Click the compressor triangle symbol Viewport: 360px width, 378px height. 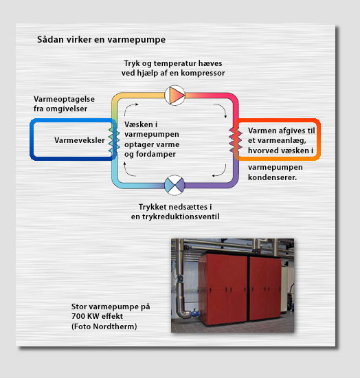click(x=175, y=96)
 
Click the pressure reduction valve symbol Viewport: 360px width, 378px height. click(x=175, y=185)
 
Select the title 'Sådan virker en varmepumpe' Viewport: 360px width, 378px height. click(x=101, y=40)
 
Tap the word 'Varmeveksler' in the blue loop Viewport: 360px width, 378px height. click(x=80, y=140)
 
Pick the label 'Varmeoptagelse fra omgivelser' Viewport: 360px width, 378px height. click(x=64, y=104)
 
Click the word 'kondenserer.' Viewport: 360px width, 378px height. click(x=272, y=177)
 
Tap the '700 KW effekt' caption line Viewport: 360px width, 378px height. click(x=97, y=316)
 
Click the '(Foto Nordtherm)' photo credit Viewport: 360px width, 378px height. click(x=104, y=326)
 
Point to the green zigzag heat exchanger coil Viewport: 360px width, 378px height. click(x=114, y=140)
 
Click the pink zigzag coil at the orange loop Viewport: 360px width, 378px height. click(x=236, y=140)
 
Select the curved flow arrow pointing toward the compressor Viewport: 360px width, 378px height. click(x=128, y=107)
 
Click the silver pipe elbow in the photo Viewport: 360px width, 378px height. click(x=183, y=311)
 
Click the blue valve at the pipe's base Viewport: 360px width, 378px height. click(x=195, y=313)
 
